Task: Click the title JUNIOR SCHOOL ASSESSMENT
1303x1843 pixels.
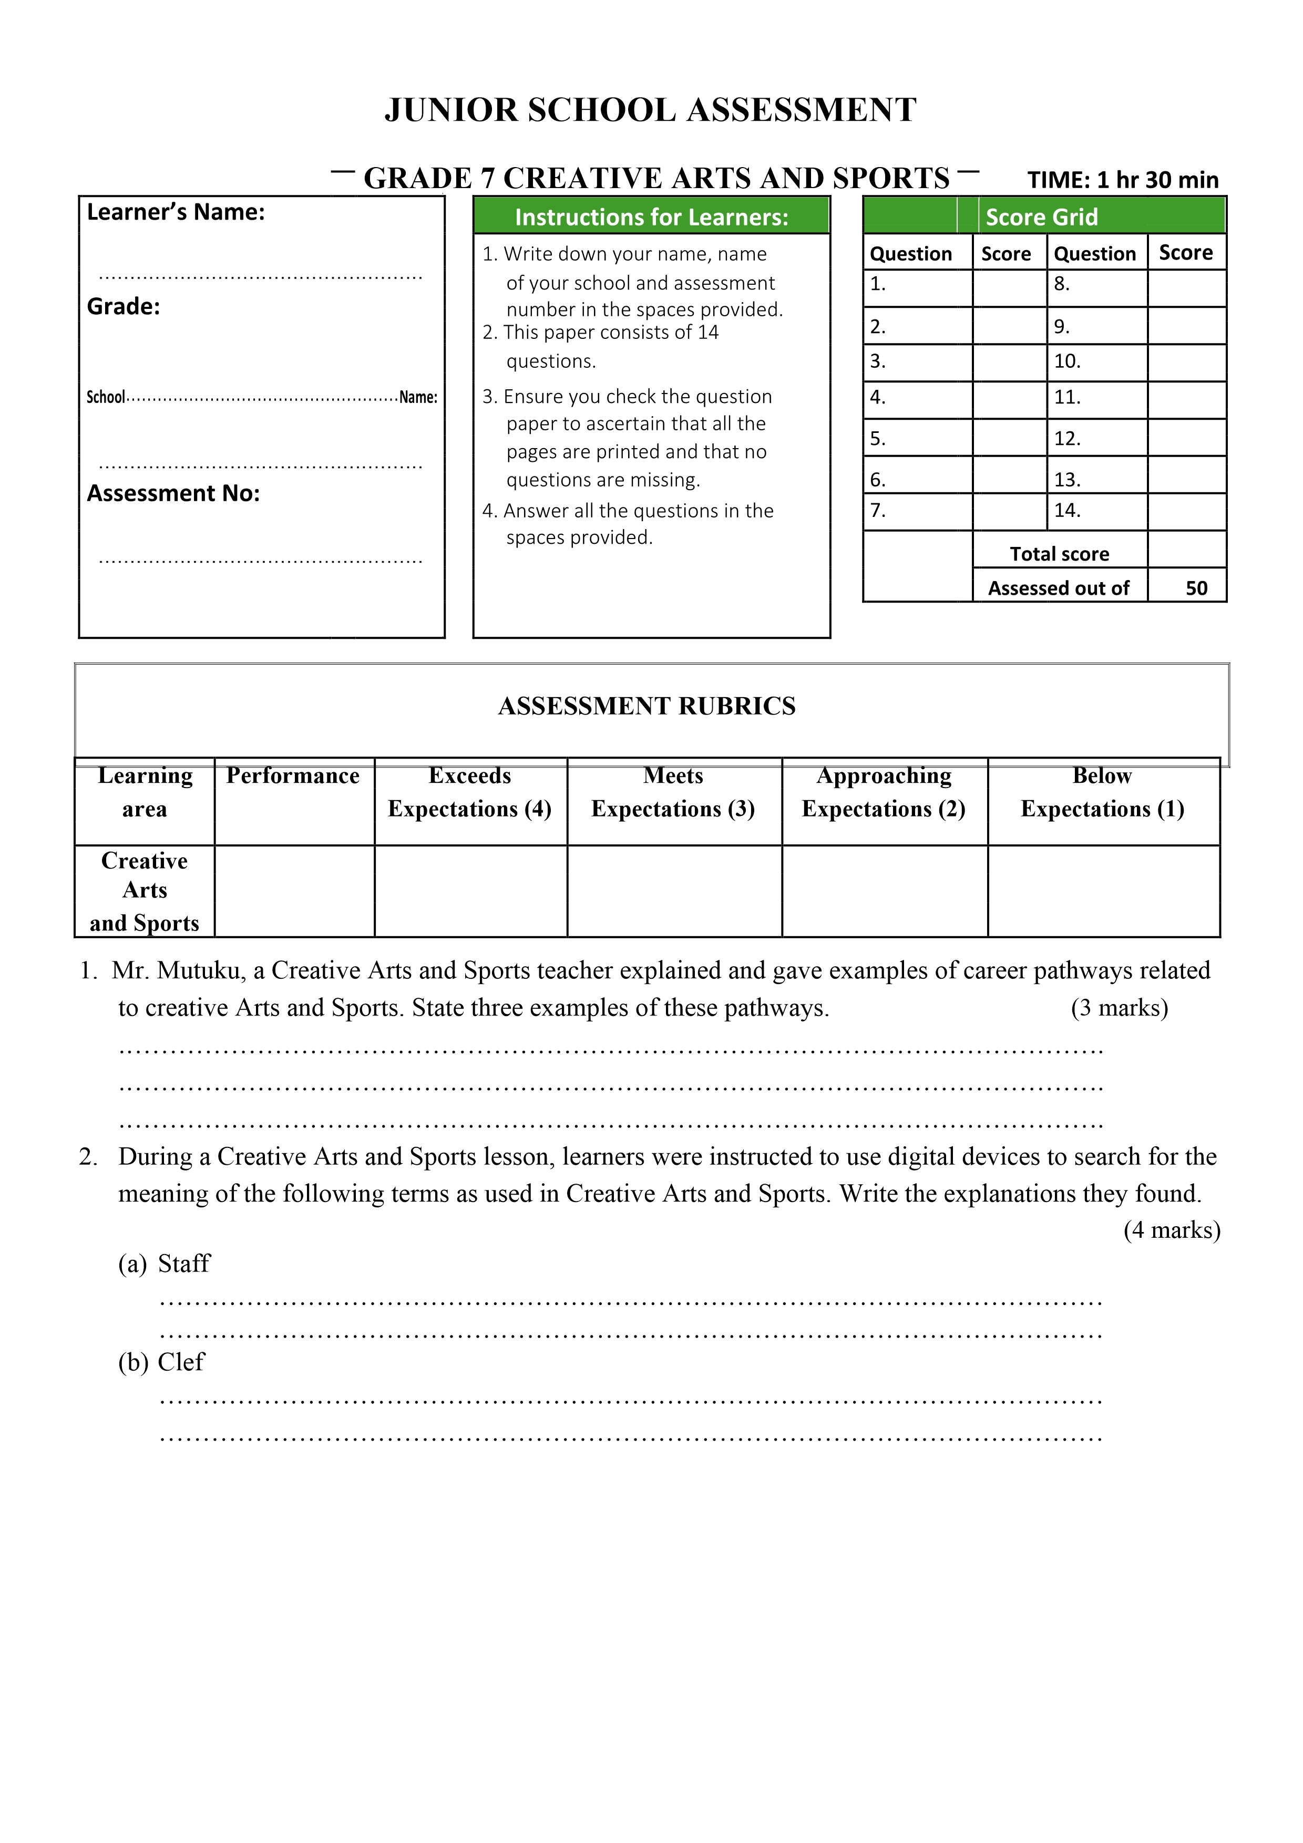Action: [650, 110]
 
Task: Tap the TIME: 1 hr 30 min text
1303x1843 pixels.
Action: [1122, 180]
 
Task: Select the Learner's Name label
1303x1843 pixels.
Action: [176, 212]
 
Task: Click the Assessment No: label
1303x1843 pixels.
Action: [173, 493]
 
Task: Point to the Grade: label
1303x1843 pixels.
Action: [124, 307]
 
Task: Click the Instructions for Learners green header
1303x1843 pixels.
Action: [651, 218]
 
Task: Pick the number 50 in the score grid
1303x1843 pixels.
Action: [1196, 588]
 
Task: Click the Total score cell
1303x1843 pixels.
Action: [1059, 554]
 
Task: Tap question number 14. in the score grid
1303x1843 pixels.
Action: [1067, 511]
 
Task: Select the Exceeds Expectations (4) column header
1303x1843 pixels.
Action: [470, 792]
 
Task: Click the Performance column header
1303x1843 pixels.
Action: [293, 776]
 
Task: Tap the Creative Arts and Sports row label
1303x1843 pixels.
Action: [145, 891]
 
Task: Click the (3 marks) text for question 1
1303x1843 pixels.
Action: [1119, 1008]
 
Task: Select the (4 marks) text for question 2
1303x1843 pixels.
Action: [1172, 1230]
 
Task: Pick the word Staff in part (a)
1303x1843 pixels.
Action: [184, 1264]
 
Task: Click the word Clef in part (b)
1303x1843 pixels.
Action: [181, 1362]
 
